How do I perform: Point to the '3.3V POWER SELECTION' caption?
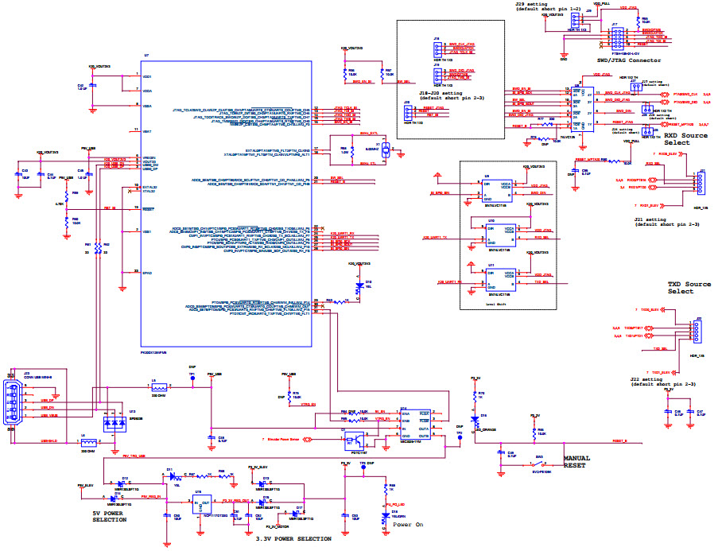click(x=293, y=539)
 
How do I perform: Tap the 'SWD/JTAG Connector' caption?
click(x=628, y=60)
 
